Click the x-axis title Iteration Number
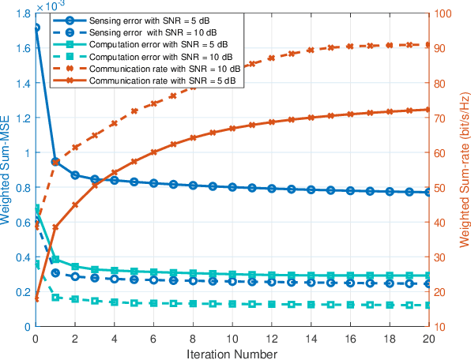(232, 354)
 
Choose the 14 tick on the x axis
(311, 337)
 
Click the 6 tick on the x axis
(153, 337)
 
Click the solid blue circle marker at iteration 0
(36, 28)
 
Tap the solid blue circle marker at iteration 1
(55, 161)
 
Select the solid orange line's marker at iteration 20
(428, 110)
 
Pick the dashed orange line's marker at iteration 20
(428, 45)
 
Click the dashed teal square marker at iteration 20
(428, 305)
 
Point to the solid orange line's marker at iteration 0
(36, 298)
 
